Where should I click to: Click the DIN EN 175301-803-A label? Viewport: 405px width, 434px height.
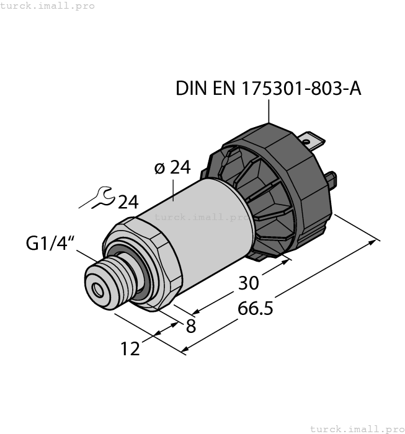(x=268, y=89)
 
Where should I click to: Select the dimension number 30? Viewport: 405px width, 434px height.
(x=249, y=283)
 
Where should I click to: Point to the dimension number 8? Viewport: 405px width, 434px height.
(x=190, y=325)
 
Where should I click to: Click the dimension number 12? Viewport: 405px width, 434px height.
(x=130, y=349)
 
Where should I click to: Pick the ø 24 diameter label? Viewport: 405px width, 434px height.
(x=171, y=168)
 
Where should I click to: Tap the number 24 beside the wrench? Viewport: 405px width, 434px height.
(x=128, y=202)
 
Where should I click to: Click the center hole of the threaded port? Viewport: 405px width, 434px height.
(x=97, y=289)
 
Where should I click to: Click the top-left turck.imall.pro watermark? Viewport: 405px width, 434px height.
(x=48, y=6)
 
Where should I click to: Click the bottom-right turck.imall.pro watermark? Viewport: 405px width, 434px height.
(x=357, y=428)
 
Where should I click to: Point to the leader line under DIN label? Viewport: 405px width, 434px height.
(x=269, y=112)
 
